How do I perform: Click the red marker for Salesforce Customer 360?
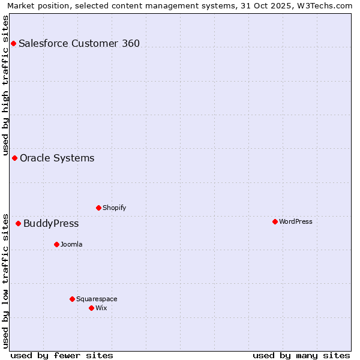click(x=13, y=43)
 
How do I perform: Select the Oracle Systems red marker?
click(x=14, y=158)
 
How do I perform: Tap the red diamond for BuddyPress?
click(x=18, y=223)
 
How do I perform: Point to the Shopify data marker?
click(x=98, y=208)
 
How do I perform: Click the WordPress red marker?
click(x=275, y=221)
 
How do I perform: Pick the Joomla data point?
click(x=56, y=244)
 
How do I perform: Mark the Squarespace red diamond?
click(x=72, y=299)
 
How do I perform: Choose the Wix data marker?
click(x=91, y=308)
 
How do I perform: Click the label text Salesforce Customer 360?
click(x=79, y=43)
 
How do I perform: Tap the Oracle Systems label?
click(x=57, y=158)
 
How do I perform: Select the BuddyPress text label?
click(x=51, y=223)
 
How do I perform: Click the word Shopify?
click(x=114, y=208)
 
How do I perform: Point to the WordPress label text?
click(x=295, y=221)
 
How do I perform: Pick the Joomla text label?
click(x=71, y=244)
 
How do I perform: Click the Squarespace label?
click(x=97, y=299)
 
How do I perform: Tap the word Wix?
click(x=101, y=308)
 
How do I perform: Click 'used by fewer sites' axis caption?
click(x=62, y=355)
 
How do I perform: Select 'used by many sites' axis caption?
click(x=301, y=355)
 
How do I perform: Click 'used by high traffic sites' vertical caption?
click(x=5, y=83)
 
